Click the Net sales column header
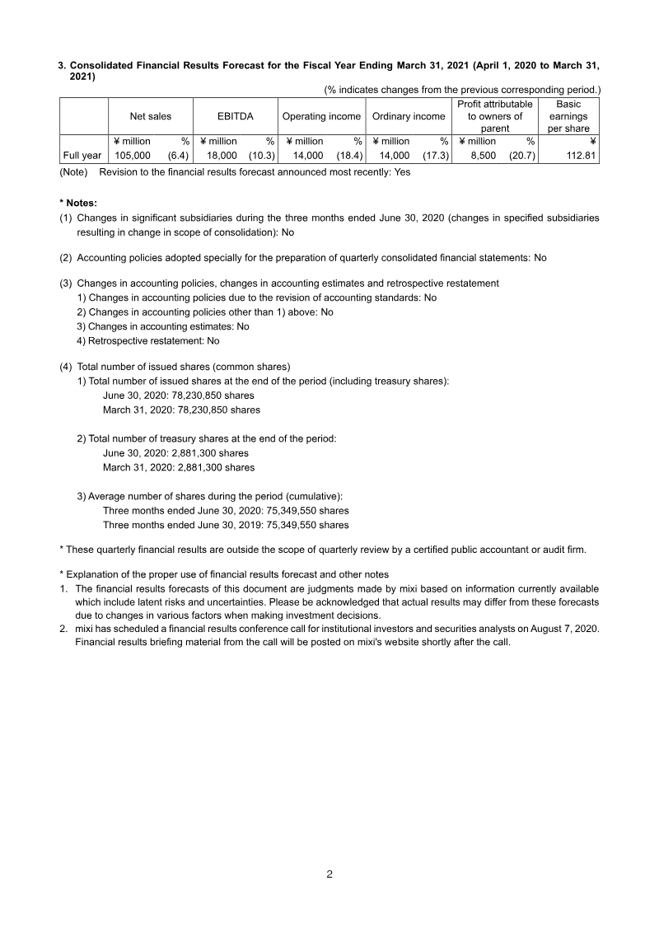[151, 116]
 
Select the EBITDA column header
[235, 116]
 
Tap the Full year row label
[82, 155]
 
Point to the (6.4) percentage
[178, 155]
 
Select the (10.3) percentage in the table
[261, 155]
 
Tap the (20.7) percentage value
[521, 155]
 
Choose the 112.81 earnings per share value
[580, 155]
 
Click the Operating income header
[321, 116]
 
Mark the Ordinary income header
[409, 116]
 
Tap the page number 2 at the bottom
[329, 874]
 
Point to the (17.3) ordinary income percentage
[435, 155]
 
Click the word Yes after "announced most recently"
[402, 172]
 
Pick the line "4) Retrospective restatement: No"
[148, 340]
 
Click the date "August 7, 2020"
[565, 629]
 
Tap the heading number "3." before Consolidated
[62, 65]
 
